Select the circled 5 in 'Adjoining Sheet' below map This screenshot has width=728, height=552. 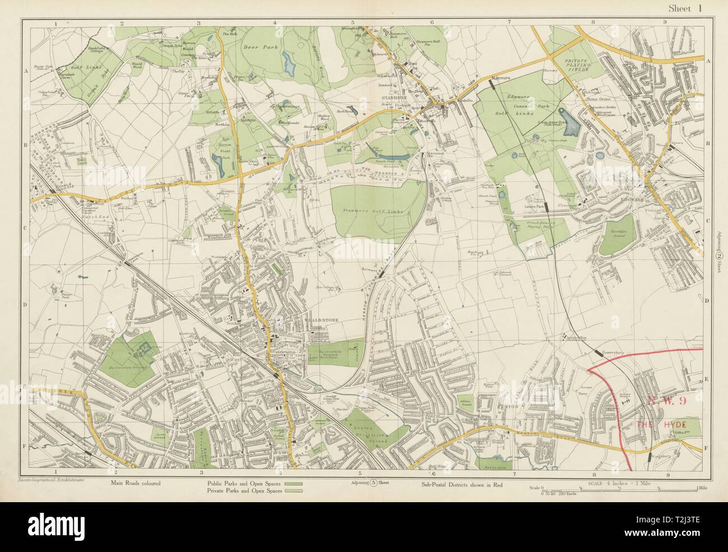click(x=372, y=483)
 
